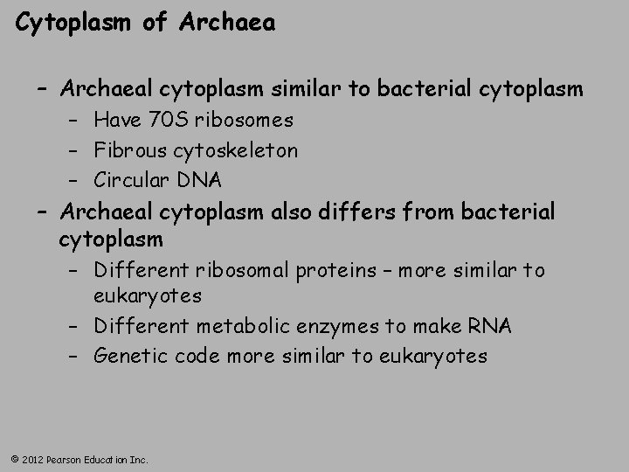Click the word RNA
[492, 327]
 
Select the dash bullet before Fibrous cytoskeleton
[77, 150]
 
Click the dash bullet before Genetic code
[77, 357]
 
